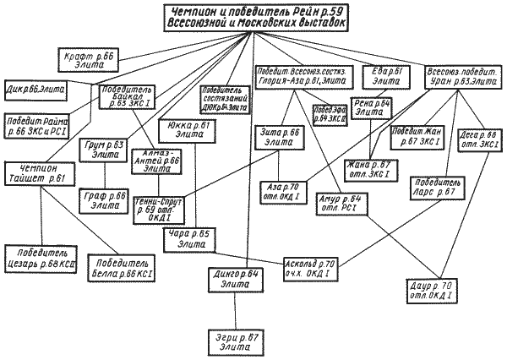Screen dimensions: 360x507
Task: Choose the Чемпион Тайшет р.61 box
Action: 41,172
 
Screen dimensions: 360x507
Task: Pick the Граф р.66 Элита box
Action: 106,199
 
